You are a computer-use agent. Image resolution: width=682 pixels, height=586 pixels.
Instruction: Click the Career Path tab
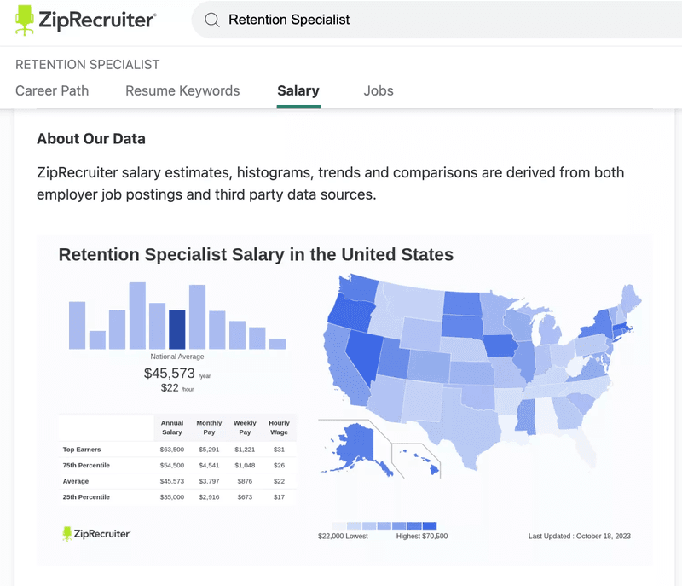click(x=52, y=90)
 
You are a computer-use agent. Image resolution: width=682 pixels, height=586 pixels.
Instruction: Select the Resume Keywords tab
click(x=182, y=90)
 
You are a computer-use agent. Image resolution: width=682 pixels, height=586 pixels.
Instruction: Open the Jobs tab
click(x=379, y=90)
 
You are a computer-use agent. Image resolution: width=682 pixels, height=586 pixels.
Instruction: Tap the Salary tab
click(x=298, y=90)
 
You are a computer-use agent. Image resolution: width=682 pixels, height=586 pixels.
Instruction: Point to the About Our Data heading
click(x=91, y=139)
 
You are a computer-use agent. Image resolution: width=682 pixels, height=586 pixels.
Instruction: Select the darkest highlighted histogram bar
click(x=177, y=329)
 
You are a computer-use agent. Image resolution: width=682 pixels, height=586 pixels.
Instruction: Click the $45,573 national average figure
click(x=170, y=373)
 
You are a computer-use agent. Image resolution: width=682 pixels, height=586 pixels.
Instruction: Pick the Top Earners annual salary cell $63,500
click(x=171, y=450)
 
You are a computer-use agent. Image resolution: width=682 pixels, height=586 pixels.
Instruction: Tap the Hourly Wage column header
click(x=279, y=427)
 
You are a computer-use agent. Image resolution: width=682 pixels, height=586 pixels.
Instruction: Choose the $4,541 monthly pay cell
click(x=209, y=465)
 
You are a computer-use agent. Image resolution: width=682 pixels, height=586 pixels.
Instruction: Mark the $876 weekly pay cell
click(x=245, y=481)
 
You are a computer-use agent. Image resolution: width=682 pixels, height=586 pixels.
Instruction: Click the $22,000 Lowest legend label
click(x=342, y=537)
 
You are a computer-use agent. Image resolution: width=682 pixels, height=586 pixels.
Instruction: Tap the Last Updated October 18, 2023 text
click(x=580, y=537)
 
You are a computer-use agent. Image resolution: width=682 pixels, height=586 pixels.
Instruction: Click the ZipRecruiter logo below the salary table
click(x=96, y=534)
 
